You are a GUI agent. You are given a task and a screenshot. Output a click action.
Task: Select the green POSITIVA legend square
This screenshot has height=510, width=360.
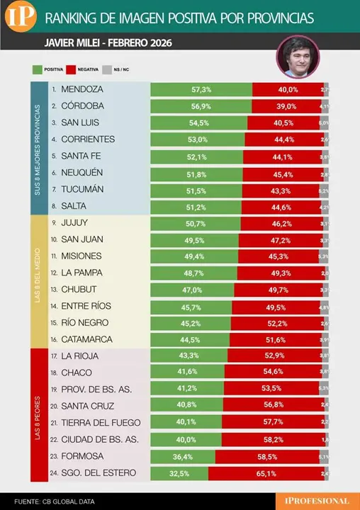[38, 69]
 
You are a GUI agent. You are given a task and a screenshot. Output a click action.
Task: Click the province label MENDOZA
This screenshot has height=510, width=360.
[82, 90]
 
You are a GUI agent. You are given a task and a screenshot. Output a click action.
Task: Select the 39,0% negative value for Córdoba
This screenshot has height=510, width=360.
[286, 106]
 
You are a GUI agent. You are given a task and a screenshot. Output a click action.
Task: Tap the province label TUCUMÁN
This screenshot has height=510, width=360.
[82, 190]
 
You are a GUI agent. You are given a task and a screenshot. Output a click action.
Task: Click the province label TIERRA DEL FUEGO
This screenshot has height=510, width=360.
[101, 422]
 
